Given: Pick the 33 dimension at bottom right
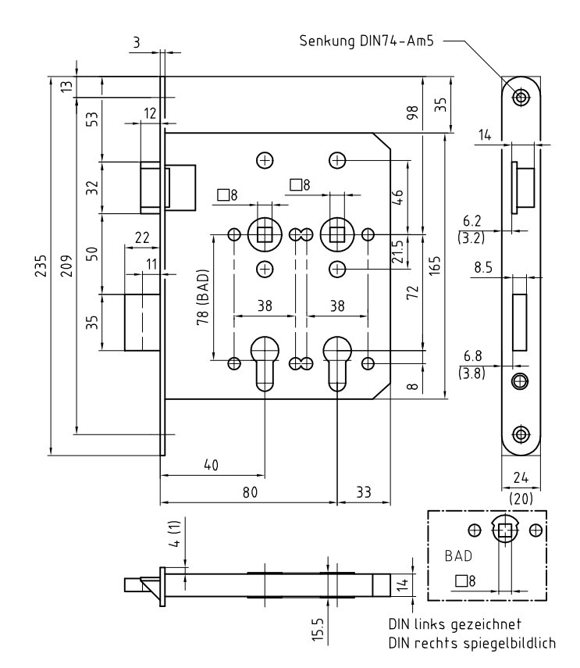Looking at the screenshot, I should point(362,492).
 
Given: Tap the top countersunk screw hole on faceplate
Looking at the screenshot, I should point(520,97).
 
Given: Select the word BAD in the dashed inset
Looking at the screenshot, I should point(459,557).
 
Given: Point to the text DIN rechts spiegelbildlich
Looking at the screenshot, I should point(471,643).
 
